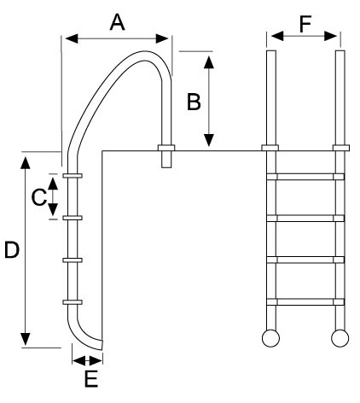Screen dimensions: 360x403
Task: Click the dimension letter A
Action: tap(117, 22)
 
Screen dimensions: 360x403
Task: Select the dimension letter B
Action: tap(194, 102)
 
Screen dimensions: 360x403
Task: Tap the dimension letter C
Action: tap(39, 197)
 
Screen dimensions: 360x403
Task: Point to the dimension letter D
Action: tap(12, 250)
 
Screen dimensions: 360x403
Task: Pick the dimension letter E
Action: tap(91, 379)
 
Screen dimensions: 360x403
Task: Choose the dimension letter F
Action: tap(305, 24)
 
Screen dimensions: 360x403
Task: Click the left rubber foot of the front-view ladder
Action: tap(270, 338)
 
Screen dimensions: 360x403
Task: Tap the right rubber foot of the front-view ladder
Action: tap(340, 338)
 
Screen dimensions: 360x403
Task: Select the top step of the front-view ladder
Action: tap(305, 177)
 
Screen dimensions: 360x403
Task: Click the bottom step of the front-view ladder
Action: tap(305, 301)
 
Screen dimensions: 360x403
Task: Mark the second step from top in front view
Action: tap(305, 219)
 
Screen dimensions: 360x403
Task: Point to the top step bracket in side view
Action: tap(73, 176)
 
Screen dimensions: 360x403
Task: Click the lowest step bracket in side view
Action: tap(73, 302)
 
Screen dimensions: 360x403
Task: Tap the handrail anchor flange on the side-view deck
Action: tap(166, 148)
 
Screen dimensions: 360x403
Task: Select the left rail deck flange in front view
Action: tap(270, 148)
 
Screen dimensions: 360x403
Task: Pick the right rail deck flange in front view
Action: tap(341, 148)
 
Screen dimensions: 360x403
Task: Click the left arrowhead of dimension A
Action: tap(72, 38)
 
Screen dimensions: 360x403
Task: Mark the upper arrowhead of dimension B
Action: tap(209, 62)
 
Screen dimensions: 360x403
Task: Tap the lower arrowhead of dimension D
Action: tap(26, 339)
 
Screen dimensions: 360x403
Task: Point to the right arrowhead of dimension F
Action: tap(331, 36)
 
